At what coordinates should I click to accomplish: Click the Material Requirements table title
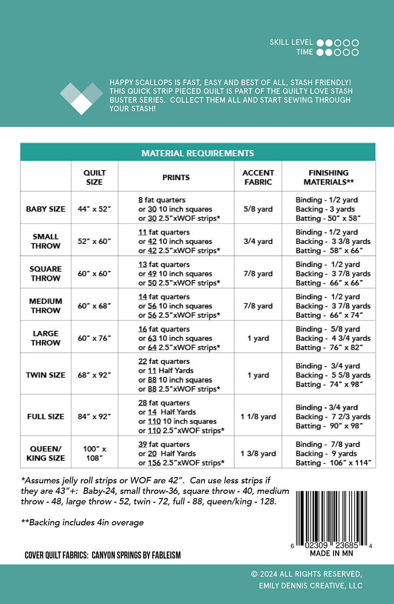(197, 153)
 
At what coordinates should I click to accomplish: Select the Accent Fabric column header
(258, 177)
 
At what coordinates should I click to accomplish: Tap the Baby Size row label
(46, 209)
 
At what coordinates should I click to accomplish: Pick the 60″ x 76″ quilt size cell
(94, 338)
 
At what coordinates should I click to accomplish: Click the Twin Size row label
(46, 375)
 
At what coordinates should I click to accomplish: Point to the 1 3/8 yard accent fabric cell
(258, 453)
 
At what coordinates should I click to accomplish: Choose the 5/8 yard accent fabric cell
(258, 209)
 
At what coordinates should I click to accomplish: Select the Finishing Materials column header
(328, 177)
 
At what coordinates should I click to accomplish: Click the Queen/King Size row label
(46, 453)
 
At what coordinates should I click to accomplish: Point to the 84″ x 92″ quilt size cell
(94, 417)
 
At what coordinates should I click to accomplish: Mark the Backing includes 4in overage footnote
(82, 523)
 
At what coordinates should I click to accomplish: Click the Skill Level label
(291, 42)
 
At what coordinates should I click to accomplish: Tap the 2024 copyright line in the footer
(306, 574)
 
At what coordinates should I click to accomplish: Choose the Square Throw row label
(46, 274)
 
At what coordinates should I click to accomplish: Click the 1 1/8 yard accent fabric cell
(258, 417)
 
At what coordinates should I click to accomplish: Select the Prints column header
(176, 177)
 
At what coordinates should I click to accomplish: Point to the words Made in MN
(331, 553)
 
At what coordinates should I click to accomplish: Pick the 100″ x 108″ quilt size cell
(94, 453)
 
